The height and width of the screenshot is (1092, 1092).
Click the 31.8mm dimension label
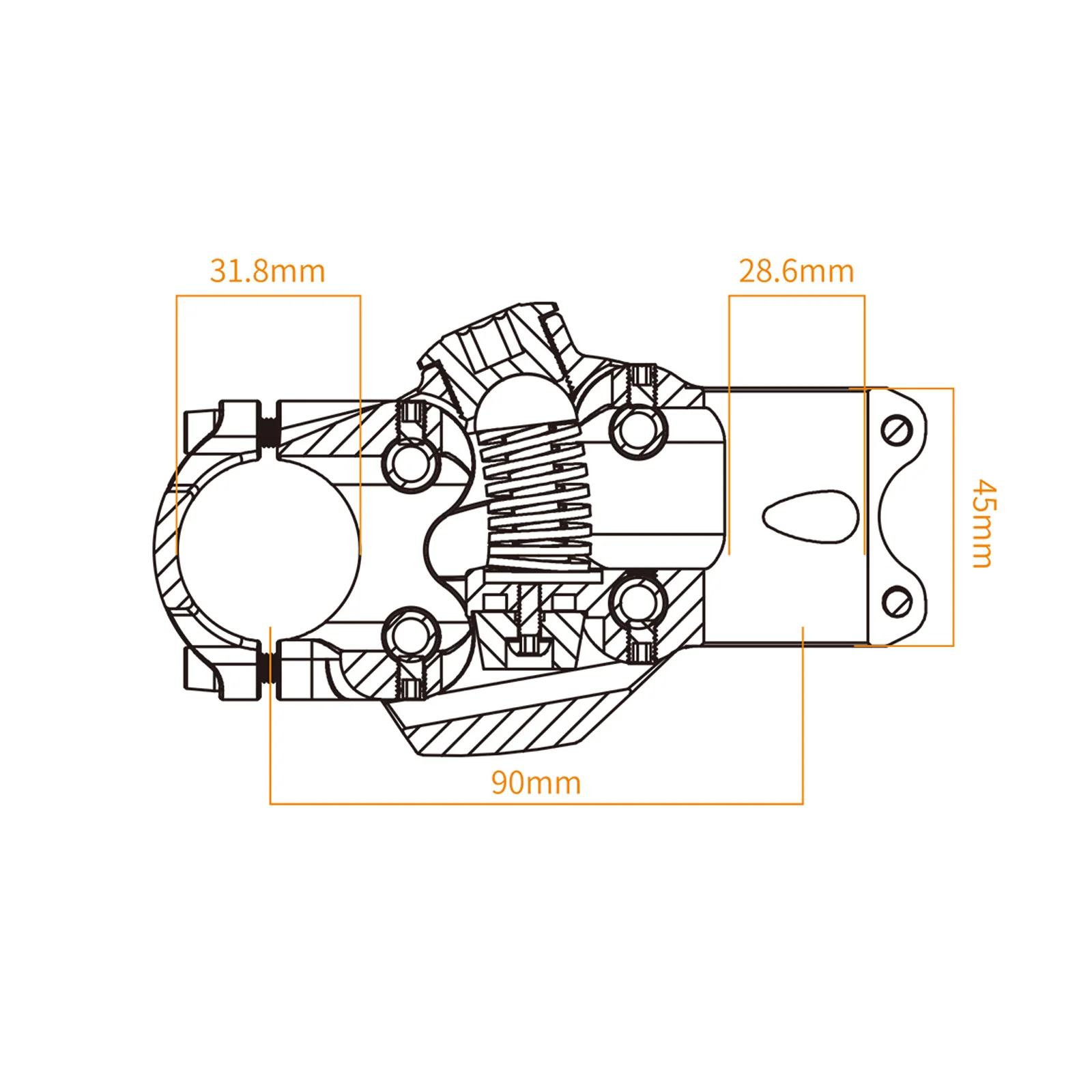point(268,271)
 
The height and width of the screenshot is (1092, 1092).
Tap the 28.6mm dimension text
point(796,271)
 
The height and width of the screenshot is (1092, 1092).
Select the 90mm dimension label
point(536,782)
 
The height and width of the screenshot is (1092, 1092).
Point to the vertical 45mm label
point(983,523)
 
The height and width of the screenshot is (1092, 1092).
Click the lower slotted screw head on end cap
point(896,602)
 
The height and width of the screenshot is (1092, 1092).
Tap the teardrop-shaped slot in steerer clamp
point(810,516)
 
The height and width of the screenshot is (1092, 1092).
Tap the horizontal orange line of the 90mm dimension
point(536,803)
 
